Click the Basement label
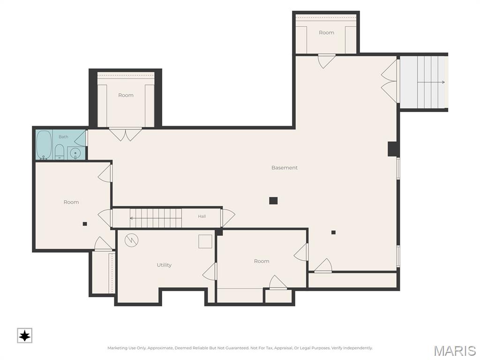click(x=285, y=168)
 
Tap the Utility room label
click(x=164, y=265)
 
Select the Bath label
click(x=63, y=137)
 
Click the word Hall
click(x=202, y=216)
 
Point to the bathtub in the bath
click(x=44, y=145)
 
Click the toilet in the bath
click(x=60, y=152)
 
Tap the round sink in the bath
click(x=75, y=153)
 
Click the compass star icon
click(x=24, y=336)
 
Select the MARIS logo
click(x=455, y=351)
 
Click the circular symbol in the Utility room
click(x=131, y=240)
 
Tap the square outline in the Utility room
click(x=205, y=241)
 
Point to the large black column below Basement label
click(x=273, y=201)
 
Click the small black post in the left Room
click(x=85, y=224)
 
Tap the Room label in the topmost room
click(x=326, y=32)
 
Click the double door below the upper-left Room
click(x=126, y=134)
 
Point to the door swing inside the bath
click(x=80, y=138)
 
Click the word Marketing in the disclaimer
click(x=117, y=348)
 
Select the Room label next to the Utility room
click(x=262, y=261)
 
